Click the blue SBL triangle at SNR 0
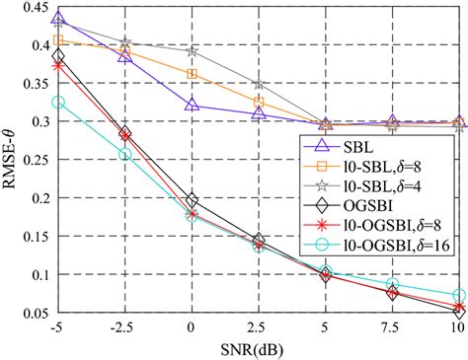(193, 105)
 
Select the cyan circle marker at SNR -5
(58, 103)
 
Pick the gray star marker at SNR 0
(193, 50)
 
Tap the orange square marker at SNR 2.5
(260, 102)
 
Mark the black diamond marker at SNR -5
(58, 56)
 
